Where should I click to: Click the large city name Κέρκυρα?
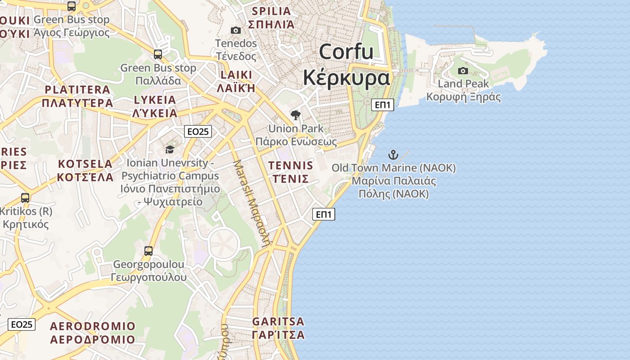(346, 78)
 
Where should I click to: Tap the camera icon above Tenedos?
(235, 30)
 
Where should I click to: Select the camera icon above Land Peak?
(463, 71)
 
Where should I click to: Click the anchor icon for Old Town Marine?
(393, 155)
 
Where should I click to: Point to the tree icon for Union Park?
(295, 115)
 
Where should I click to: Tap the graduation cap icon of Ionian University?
(170, 149)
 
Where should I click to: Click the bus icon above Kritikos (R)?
(25, 198)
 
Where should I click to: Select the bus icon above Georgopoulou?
(148, 251)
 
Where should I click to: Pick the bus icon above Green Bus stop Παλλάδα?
(158, 54)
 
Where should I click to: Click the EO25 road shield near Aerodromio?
(22, 324)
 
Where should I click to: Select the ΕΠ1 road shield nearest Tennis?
(324, 214)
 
